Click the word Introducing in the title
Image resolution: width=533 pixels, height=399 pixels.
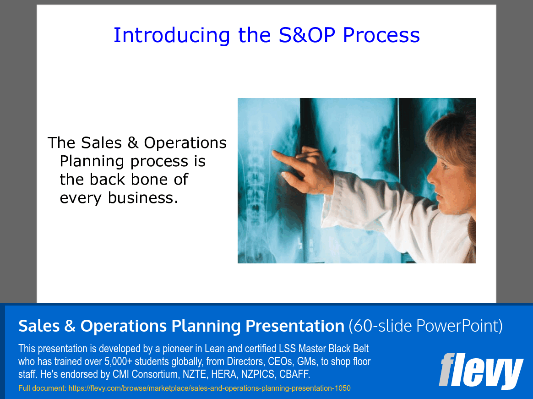(x=172, y=35)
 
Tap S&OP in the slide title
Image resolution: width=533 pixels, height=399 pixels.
(x=307, y=35)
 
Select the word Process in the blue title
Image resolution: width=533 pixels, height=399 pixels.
(x=381, y=35)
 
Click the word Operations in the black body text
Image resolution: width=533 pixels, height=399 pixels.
(x=185, y=143)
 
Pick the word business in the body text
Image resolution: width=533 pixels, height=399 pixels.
(x=143, y=197)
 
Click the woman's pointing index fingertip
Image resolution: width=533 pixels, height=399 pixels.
(x=274, y=153)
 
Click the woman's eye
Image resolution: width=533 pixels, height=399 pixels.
(x=444, y=166)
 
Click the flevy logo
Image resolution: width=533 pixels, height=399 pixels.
(x=480, y=370)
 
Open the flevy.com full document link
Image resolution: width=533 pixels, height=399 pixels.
(x=209, y=388)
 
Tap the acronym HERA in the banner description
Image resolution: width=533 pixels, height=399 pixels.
(x=223, y=374)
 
